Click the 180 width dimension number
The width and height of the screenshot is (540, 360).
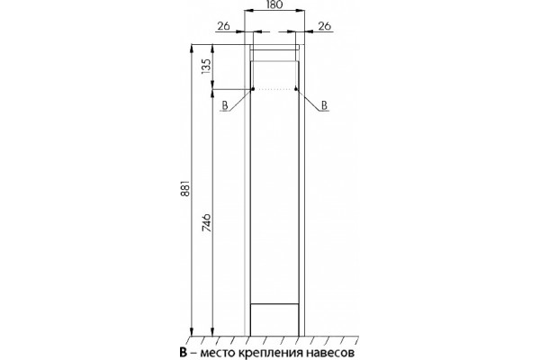pos(274,4)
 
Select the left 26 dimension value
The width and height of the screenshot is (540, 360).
pos(223,26)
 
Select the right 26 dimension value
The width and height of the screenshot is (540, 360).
pos(324,26)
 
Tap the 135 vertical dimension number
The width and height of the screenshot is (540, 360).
pos(205,66)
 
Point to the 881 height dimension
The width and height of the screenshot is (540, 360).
pos(186,188)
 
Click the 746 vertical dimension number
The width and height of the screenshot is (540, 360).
pos(205,222)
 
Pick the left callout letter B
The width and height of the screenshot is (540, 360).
pos(225,105)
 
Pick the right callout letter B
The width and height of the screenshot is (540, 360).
pos(324,105)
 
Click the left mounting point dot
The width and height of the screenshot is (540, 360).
pos(252,89)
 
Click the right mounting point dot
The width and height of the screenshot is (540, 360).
pos(296,89)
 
